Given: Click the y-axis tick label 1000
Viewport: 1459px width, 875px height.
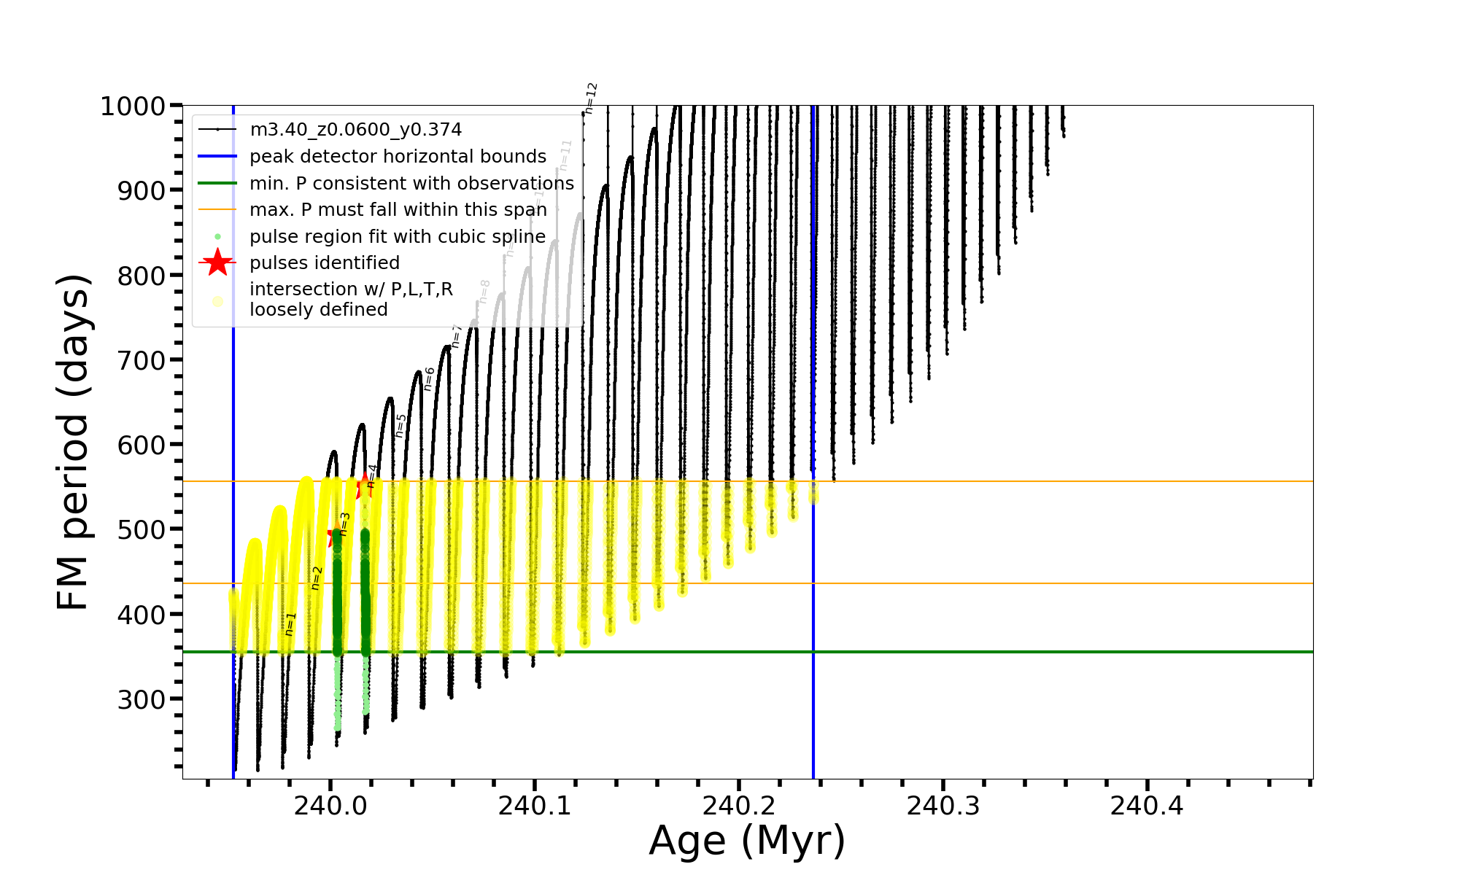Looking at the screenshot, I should pyautogui.click(x=133, y=106).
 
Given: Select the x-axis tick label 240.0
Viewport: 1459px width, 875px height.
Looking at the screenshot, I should pyautogui.click(x=330, y=806).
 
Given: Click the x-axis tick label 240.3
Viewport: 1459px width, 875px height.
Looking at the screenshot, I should pyautogui.click(x=943, y=806).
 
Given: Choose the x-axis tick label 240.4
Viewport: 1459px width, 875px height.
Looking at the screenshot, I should pyautogui.click(x=1147, y=806).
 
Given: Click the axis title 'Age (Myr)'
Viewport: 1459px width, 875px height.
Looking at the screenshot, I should pyautogui.click(x=747, y=841).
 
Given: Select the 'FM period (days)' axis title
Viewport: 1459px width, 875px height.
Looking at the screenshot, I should pyautogui.click(x=74, y=442).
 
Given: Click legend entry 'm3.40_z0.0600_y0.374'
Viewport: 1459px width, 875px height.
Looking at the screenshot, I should pyautogui.click(x=355, y=130).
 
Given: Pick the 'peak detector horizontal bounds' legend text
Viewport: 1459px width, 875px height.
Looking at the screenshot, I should pyautogui.click(x=398, y=157).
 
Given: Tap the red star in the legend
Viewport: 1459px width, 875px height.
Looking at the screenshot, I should pyautogui.click(x=217, y=262).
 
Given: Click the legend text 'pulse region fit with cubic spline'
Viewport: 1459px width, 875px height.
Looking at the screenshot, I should pyautogui.click(x=397, y=237).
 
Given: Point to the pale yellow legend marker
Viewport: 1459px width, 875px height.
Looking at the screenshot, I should pyautogui.click(x=217, y=301).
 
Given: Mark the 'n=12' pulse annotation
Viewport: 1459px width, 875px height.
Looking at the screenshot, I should pyautogui.click(x=591, y=98).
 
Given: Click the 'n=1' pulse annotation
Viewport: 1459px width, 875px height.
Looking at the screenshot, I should pyautogui.click(x=290, y=624).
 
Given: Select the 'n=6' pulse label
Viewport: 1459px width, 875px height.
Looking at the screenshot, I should pyautogui.click(x=430, y=379).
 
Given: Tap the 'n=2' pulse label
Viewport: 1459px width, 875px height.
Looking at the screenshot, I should pyautogui.click(x=317, y=578).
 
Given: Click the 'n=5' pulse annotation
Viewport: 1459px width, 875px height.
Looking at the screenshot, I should pyautogui.click(x=400, y=426).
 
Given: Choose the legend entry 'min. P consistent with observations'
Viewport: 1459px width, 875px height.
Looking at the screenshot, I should pyautogui.click(x=411, y=183).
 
